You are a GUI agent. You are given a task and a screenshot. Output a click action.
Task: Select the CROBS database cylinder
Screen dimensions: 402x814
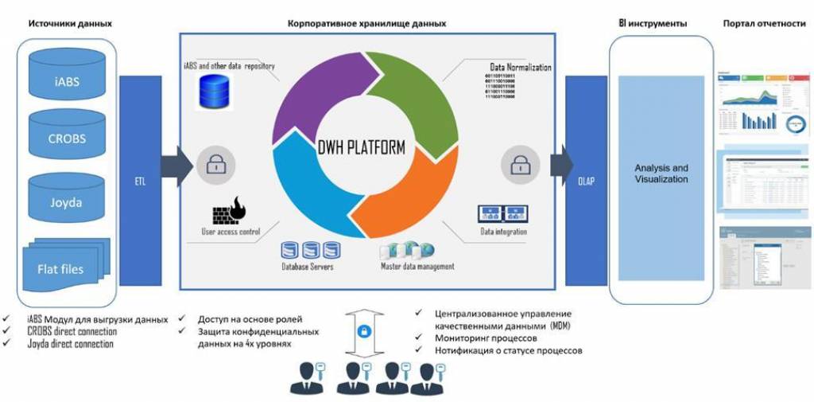point(67,138)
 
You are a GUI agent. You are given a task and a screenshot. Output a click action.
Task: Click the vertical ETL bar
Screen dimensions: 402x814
point(141,181)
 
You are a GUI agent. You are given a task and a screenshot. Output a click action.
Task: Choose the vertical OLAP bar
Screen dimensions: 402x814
point(586,181)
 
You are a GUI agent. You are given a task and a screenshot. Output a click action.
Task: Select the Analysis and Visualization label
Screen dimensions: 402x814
point(661,174)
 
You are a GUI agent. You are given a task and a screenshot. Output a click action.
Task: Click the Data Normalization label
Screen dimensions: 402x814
point(520,68)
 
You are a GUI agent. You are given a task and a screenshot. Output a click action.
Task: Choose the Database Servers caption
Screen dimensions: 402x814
point(308,267)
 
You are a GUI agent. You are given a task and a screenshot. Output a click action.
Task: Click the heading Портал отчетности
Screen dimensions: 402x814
point(763,23)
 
